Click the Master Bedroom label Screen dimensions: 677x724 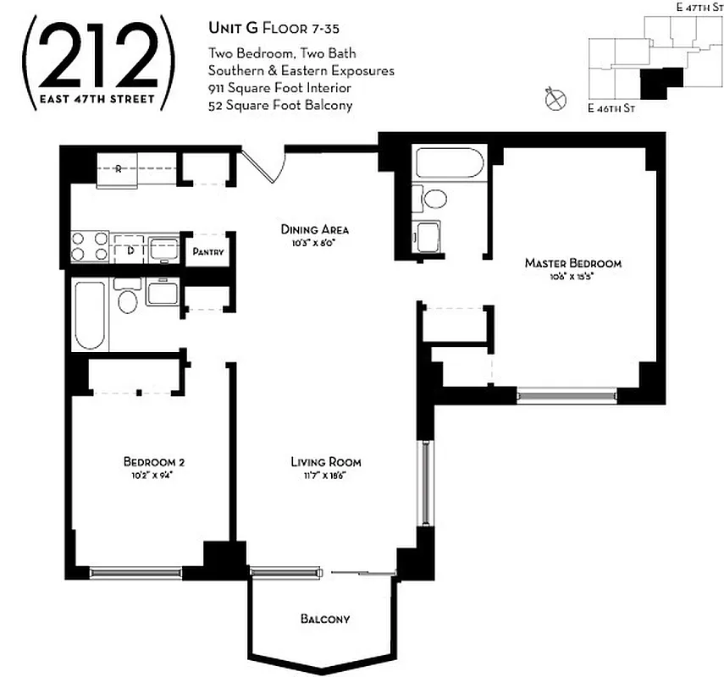[573, 263]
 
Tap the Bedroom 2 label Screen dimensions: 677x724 [153, 462]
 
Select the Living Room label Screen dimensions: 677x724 [326, 462]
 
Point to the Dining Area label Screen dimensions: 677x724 [315, 229]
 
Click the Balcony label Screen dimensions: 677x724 [324, 619]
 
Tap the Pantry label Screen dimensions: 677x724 [207, 251]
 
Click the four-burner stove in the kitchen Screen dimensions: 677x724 [90, 246]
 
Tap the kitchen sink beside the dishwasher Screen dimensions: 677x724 [163, 249]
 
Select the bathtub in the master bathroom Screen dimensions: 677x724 [448, 162]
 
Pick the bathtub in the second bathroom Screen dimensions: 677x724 [90, 314]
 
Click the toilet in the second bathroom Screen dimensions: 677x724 [128, 300]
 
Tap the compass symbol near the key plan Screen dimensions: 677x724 [555, 99]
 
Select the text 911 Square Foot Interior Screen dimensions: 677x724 [279, 88]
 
